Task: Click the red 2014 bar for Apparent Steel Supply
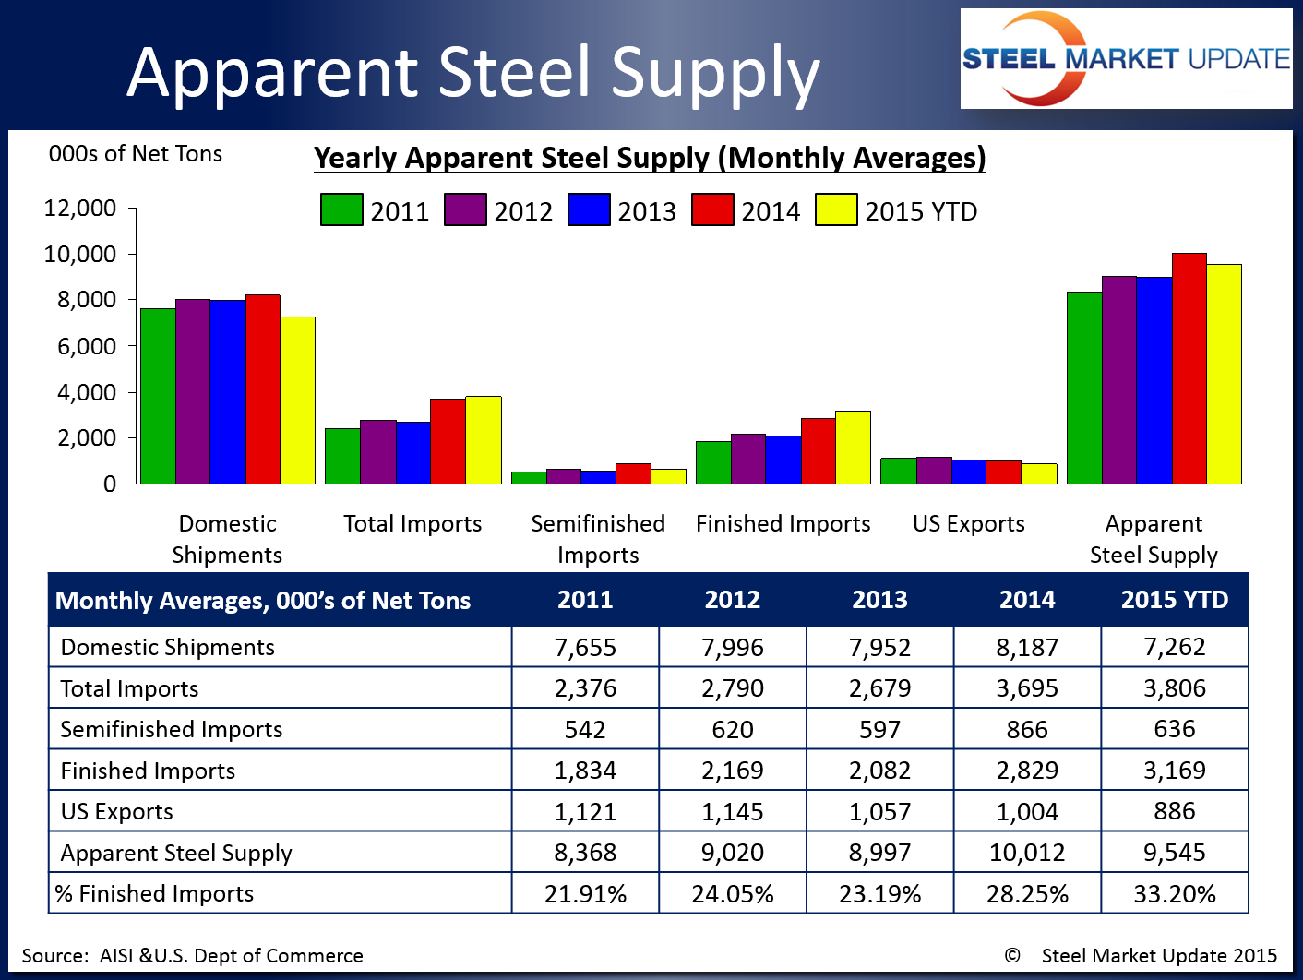pyautogui.click(x=1189, y=369)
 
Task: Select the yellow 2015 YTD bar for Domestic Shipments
pyautogui.click(x=297, y=400)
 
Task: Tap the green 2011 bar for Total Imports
pyautogui.click(x=342, y=456)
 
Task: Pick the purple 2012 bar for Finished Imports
pyautogui.click(x=748, y=459)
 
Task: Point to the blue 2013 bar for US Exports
pyautogui.click(x=969, y=472)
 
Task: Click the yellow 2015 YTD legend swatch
pyautogui.click(x=836, y=210)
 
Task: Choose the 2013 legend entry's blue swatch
pyautogui.click(x=589, y=210)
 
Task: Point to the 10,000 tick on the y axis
pyautogui.click(x=80, y=254)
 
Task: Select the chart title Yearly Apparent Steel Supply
pyautogui.click(x=650, y=158)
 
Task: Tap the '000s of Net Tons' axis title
pyautogui.click(x=136, y=154)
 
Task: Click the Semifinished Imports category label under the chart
pyautogui.click(x=598, y=539)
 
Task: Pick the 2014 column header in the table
pyautogui.click(x=1027, y=600)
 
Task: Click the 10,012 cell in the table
pyautogui.click(x=1027, y=853)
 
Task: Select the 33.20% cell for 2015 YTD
pyautogui.click(x=1174, y=893)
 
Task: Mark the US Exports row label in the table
pyautogui.click(x=117, y=811)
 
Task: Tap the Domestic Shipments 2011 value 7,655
pyautogui.click(x=585, y=647)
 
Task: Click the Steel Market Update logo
pyautogui.click(x=1126, y=59)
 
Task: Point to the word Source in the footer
pyautogui.click(x=54, y=956)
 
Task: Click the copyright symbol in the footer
pyautogui.click(x=1012, y=956)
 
